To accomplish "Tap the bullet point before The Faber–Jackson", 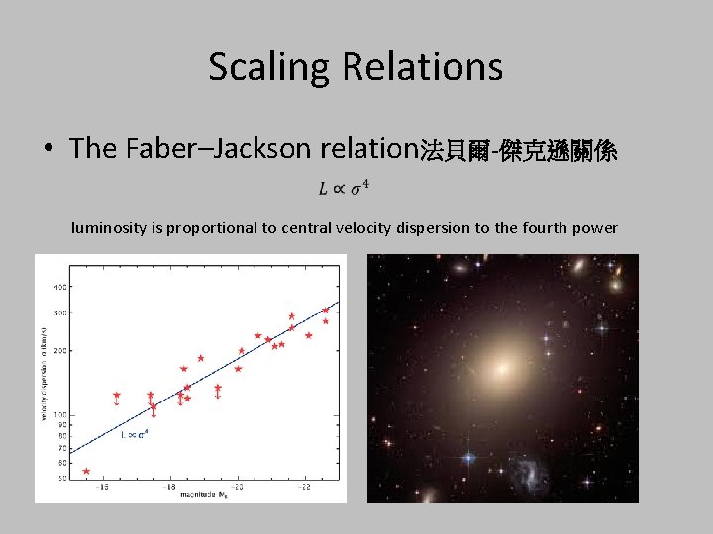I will click(49, 150).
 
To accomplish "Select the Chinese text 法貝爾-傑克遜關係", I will click(519, 150).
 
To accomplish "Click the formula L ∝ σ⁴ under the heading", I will click(344, 187).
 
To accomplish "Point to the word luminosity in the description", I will click(110, 228).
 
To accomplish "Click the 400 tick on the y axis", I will click(59, 287).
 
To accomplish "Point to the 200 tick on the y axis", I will click(59, 351).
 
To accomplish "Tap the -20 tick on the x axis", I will click(238, 487).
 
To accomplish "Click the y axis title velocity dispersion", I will click(44, 376).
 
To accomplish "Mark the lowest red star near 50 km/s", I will click(86, 472).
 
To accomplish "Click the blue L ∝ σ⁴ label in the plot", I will click(134, 434).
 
